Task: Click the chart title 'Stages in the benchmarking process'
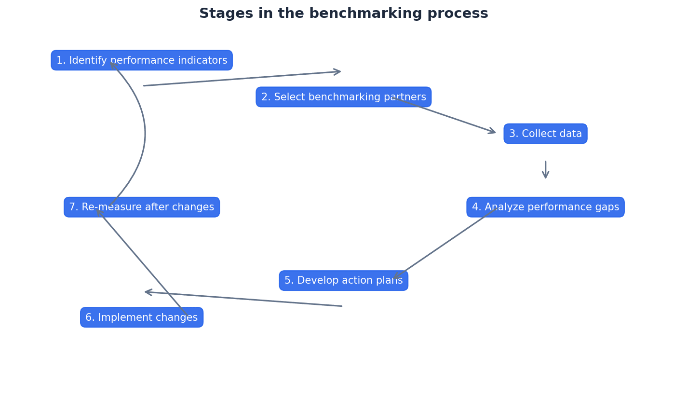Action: point(343,14)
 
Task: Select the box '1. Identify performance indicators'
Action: point(142,60)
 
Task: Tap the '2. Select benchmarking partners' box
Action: point(343,97)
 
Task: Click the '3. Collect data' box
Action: point(545,134)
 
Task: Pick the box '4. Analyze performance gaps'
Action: point(545,207)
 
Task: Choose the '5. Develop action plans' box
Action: point(343,280)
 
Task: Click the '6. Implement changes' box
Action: point(142,317)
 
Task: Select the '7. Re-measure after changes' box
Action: point(142,207)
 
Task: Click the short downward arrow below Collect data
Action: point(545,170)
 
